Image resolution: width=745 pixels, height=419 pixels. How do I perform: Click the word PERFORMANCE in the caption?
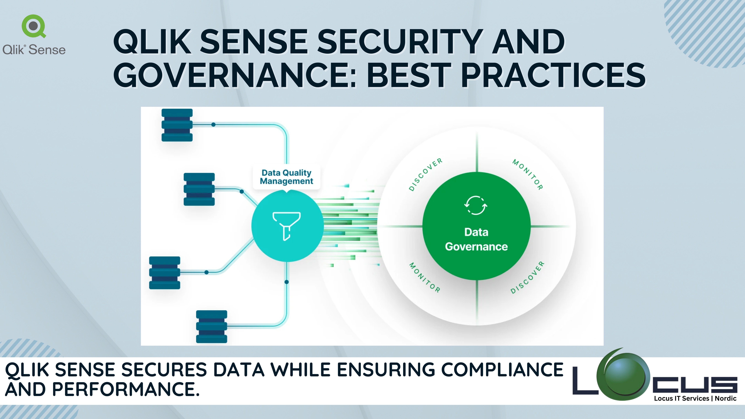click(x=126, y=389)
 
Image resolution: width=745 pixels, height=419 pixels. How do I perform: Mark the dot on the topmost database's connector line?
click(x=213, y=125)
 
